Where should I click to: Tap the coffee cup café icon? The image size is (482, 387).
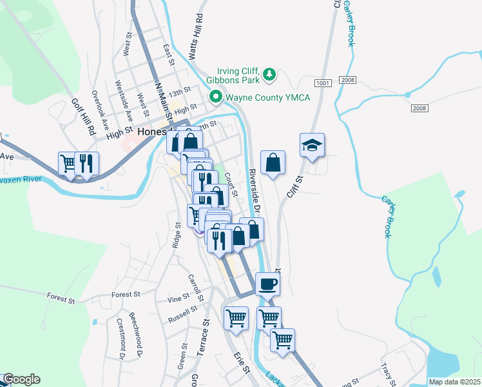tap(268, 283)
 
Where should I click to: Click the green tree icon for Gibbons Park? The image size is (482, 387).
tap(269, 76)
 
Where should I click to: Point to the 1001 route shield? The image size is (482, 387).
tap(323, 84)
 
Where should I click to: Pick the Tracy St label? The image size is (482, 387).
tap(387, 372)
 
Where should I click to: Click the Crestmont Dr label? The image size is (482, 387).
tap(120, 338)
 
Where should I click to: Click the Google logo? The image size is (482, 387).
tap(21, 379)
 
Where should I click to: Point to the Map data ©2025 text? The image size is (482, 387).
tap(454, 382)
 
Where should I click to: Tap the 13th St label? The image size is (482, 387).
tap(178, 92)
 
